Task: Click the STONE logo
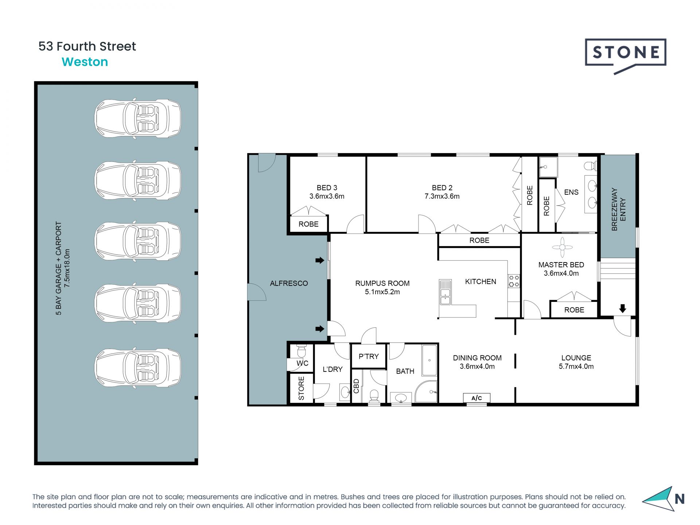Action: click(625, 53)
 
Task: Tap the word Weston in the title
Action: click(85, 62)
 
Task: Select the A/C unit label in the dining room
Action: click(477, 398)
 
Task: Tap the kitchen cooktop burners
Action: click(514, 281)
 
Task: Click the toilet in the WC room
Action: click(301, 351)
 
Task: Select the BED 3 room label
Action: click(327, 188)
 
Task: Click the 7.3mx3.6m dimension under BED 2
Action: click(442, 197)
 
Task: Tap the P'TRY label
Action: click(369, 356)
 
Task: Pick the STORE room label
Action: click(301, 388)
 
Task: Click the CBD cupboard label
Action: click(356, 386)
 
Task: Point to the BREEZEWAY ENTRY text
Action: click(618, 209)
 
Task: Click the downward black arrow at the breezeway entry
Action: click(622, 309)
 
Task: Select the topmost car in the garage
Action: click(138, 118)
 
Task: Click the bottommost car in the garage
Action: click(138, 368)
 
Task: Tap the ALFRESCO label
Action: click(289, 283)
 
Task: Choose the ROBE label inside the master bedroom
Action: click(574, 310)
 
